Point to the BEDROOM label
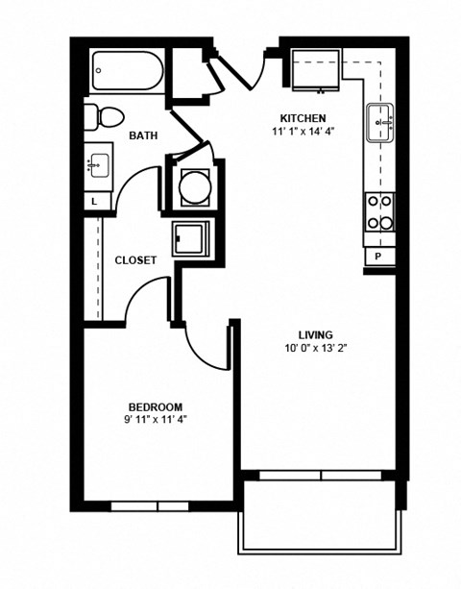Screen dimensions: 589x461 tap(155, 406)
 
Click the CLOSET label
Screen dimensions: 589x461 tap(136, 260)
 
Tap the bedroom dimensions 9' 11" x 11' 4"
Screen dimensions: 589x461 tap(155, 420)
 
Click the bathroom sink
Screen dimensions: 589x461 tap(97, 166)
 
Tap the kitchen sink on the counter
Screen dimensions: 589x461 tap(381, 124)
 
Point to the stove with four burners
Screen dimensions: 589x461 tap(377, 212)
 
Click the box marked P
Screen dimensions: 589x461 tap(377, 257)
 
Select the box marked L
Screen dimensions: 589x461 tap(94, 203)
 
